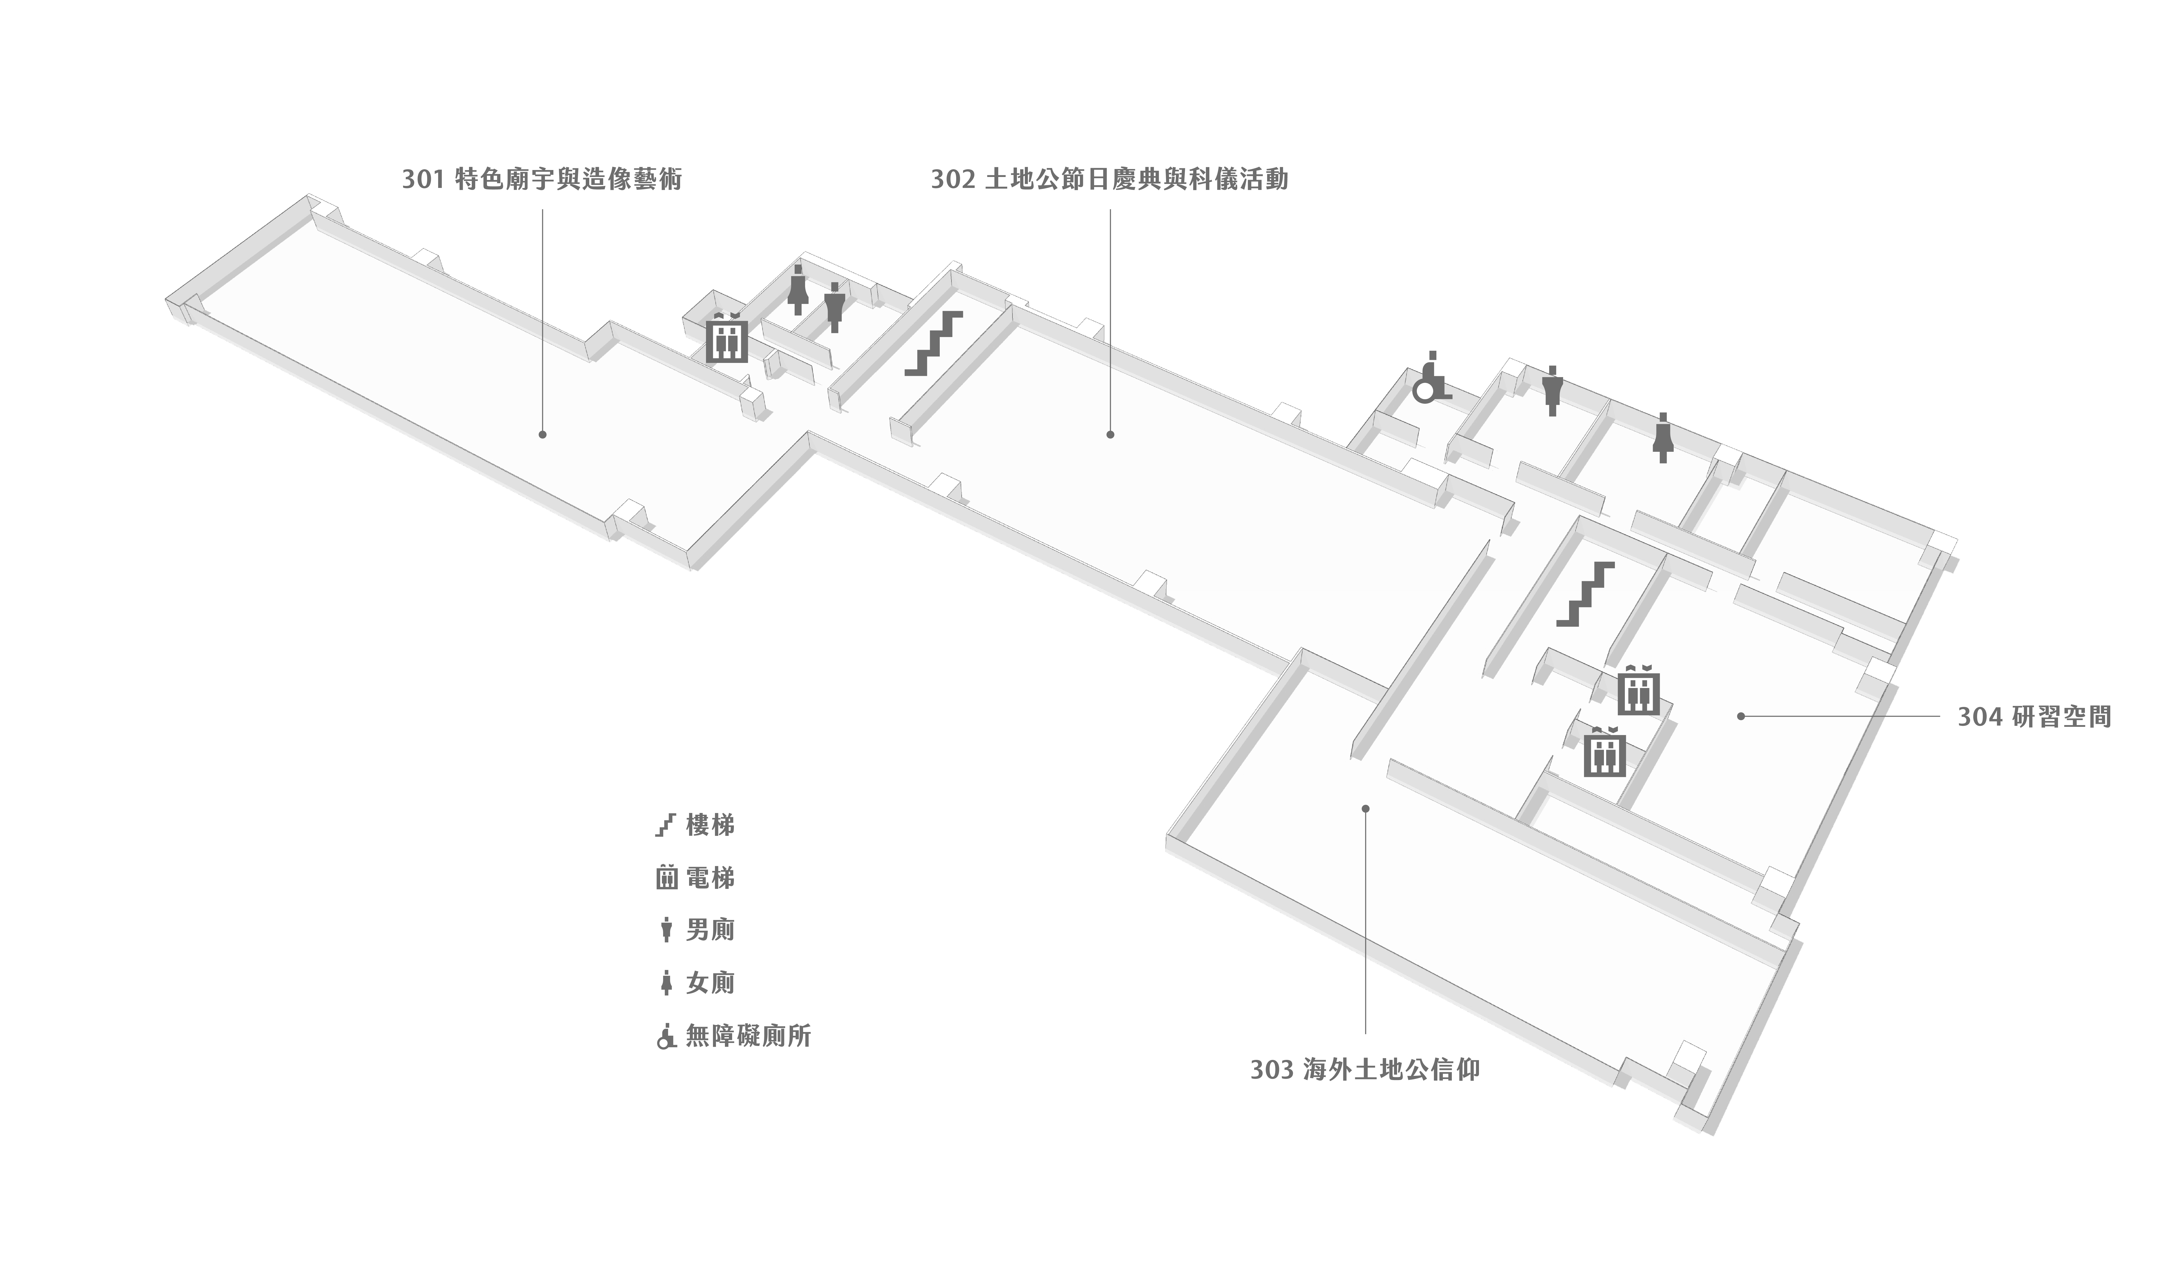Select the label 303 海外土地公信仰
coord(1364,1070)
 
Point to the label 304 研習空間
coord(2034,716)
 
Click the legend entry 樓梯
coord(695,825)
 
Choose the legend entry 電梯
coord(695,878)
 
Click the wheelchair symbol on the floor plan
coord(1429,380)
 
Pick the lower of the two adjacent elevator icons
coord(1604,753)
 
